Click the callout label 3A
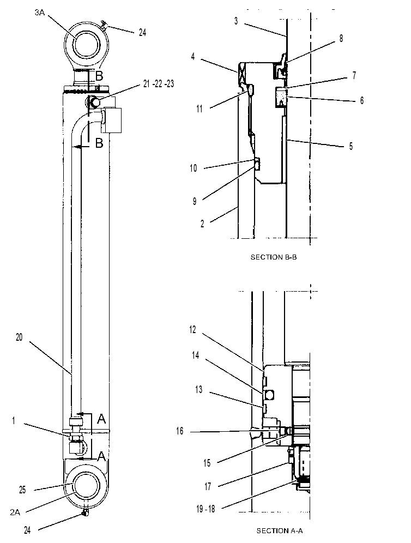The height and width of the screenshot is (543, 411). [39, 13]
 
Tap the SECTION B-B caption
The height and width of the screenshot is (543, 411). [274, 257]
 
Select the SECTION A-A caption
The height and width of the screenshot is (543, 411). [280, 530]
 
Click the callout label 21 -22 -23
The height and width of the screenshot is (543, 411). [159, 84]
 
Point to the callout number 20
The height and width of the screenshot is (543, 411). [19, 337]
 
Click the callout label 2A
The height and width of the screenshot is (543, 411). [15, 512]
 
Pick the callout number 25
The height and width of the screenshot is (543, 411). [22, 490]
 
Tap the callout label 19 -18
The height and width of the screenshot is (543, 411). [206, 509]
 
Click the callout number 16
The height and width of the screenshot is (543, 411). [180, 431]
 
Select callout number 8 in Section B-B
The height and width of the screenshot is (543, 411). [341, 38]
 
